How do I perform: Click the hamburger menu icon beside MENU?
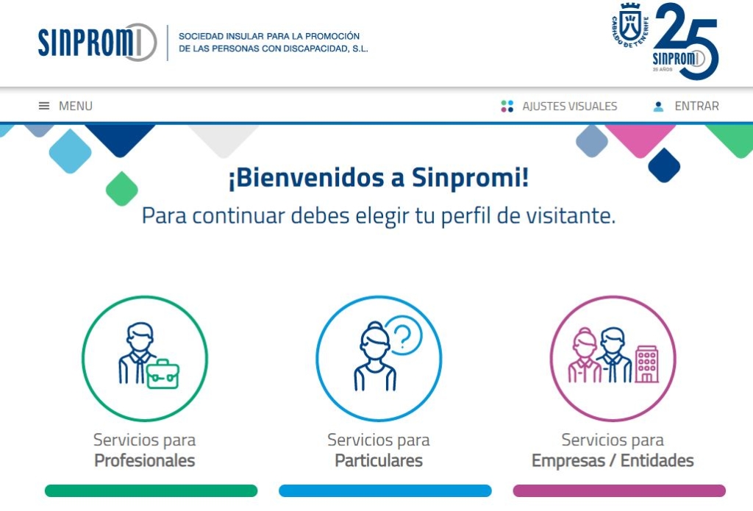point(43,106)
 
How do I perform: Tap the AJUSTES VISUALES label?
point(570,106)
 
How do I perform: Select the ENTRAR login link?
point(696,106)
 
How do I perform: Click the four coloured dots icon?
point(507,106)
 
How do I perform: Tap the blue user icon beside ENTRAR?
point(658,107)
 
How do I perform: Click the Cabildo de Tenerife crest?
point(630,26)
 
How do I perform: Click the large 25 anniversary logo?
point(686,41)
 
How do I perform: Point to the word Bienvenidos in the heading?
point(306,178)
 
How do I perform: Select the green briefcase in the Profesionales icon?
point(163,374)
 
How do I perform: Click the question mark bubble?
point(404,335)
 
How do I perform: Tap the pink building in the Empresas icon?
point(647,364)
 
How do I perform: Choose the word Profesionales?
point(145,460)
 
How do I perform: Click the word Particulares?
point(379,460)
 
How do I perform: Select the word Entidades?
point(657,460)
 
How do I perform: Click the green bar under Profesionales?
point(151,491)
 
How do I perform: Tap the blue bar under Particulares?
point(385,491)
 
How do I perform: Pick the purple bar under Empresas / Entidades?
point(619,491)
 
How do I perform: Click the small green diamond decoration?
point(122,189)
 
